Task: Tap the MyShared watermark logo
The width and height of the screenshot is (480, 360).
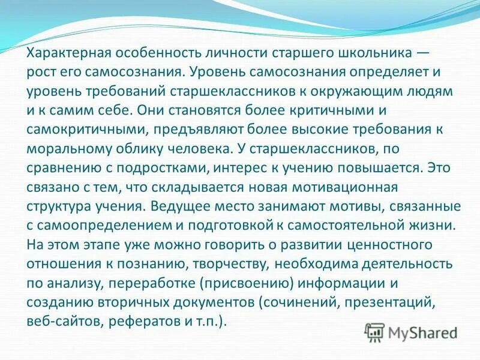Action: click(413, 332)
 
